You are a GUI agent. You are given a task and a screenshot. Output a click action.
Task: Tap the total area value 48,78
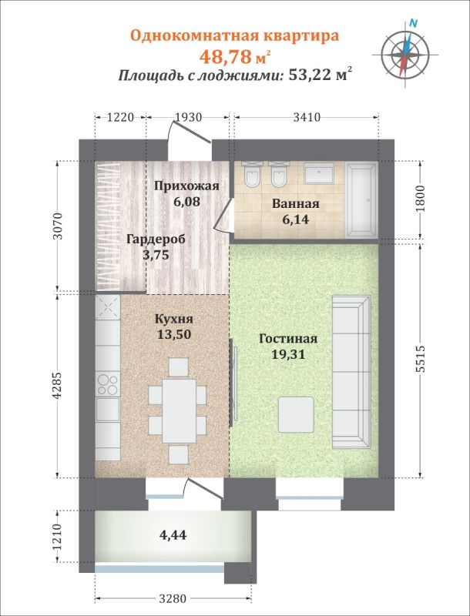click(x=225, y=57)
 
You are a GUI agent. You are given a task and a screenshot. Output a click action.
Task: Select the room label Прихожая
click(x=186, y=186)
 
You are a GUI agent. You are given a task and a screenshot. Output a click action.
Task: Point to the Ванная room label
click(x=295, y=204)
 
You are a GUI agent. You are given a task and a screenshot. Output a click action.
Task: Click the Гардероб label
click(x=156, y=239)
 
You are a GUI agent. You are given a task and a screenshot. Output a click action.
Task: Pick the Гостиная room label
click(x=288, y=339)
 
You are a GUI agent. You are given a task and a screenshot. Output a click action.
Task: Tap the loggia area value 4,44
click(x=173, y=534)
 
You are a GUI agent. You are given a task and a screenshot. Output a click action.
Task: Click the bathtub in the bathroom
click(x=361, y=200)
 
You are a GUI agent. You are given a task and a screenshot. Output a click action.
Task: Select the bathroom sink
click(x=318, y=173)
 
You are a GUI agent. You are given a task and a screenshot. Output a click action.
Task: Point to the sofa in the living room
click(x=351, y=372)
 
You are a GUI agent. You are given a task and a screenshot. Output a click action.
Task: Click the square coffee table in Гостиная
click(x=297, y=414)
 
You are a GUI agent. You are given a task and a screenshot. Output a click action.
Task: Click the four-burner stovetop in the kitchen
click(x=107, y=383)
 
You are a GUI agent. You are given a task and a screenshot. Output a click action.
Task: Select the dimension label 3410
click(x=307, y=118)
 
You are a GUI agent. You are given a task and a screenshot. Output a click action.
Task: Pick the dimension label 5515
click(x=421, y=360)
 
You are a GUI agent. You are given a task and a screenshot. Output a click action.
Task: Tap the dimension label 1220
click(x=121, y=118)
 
